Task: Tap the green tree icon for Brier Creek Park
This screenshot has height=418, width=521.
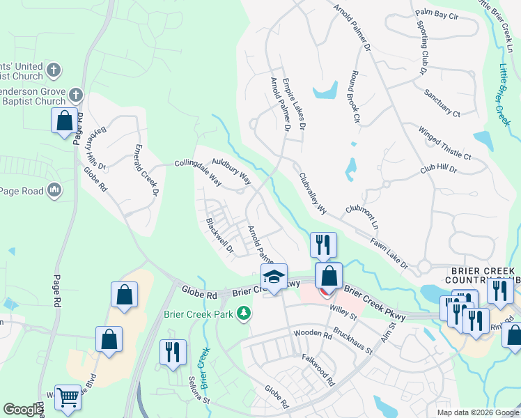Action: [244, 315]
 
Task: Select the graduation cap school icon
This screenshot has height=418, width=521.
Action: [274, 277]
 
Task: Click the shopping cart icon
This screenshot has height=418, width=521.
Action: [68, 398]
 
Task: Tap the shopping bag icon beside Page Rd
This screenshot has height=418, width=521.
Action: [64, 121]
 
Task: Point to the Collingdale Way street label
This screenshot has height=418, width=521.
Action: [198, 172]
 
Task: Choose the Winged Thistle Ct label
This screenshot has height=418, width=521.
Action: [444, 143]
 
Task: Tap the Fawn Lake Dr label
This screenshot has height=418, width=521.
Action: [389, 253]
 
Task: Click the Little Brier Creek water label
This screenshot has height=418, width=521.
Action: [504, 94]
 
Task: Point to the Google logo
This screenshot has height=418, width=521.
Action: [22, 410]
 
